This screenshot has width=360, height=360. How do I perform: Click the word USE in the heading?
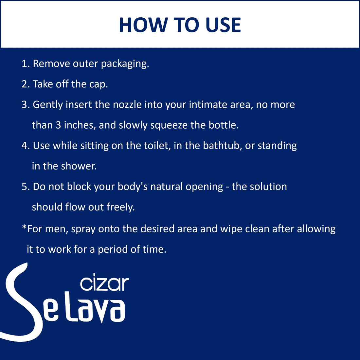tap(223, 25)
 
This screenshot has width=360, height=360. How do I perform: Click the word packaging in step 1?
tap(125, 64)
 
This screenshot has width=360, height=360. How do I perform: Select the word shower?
tap(79, 166)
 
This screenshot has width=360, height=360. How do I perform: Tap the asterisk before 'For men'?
tap(24, 227)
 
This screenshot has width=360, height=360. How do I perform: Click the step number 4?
tap(25, 146)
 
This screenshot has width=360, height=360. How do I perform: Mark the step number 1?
tap(25, 64)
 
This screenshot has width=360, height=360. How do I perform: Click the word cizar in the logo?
tap(105, 283)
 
